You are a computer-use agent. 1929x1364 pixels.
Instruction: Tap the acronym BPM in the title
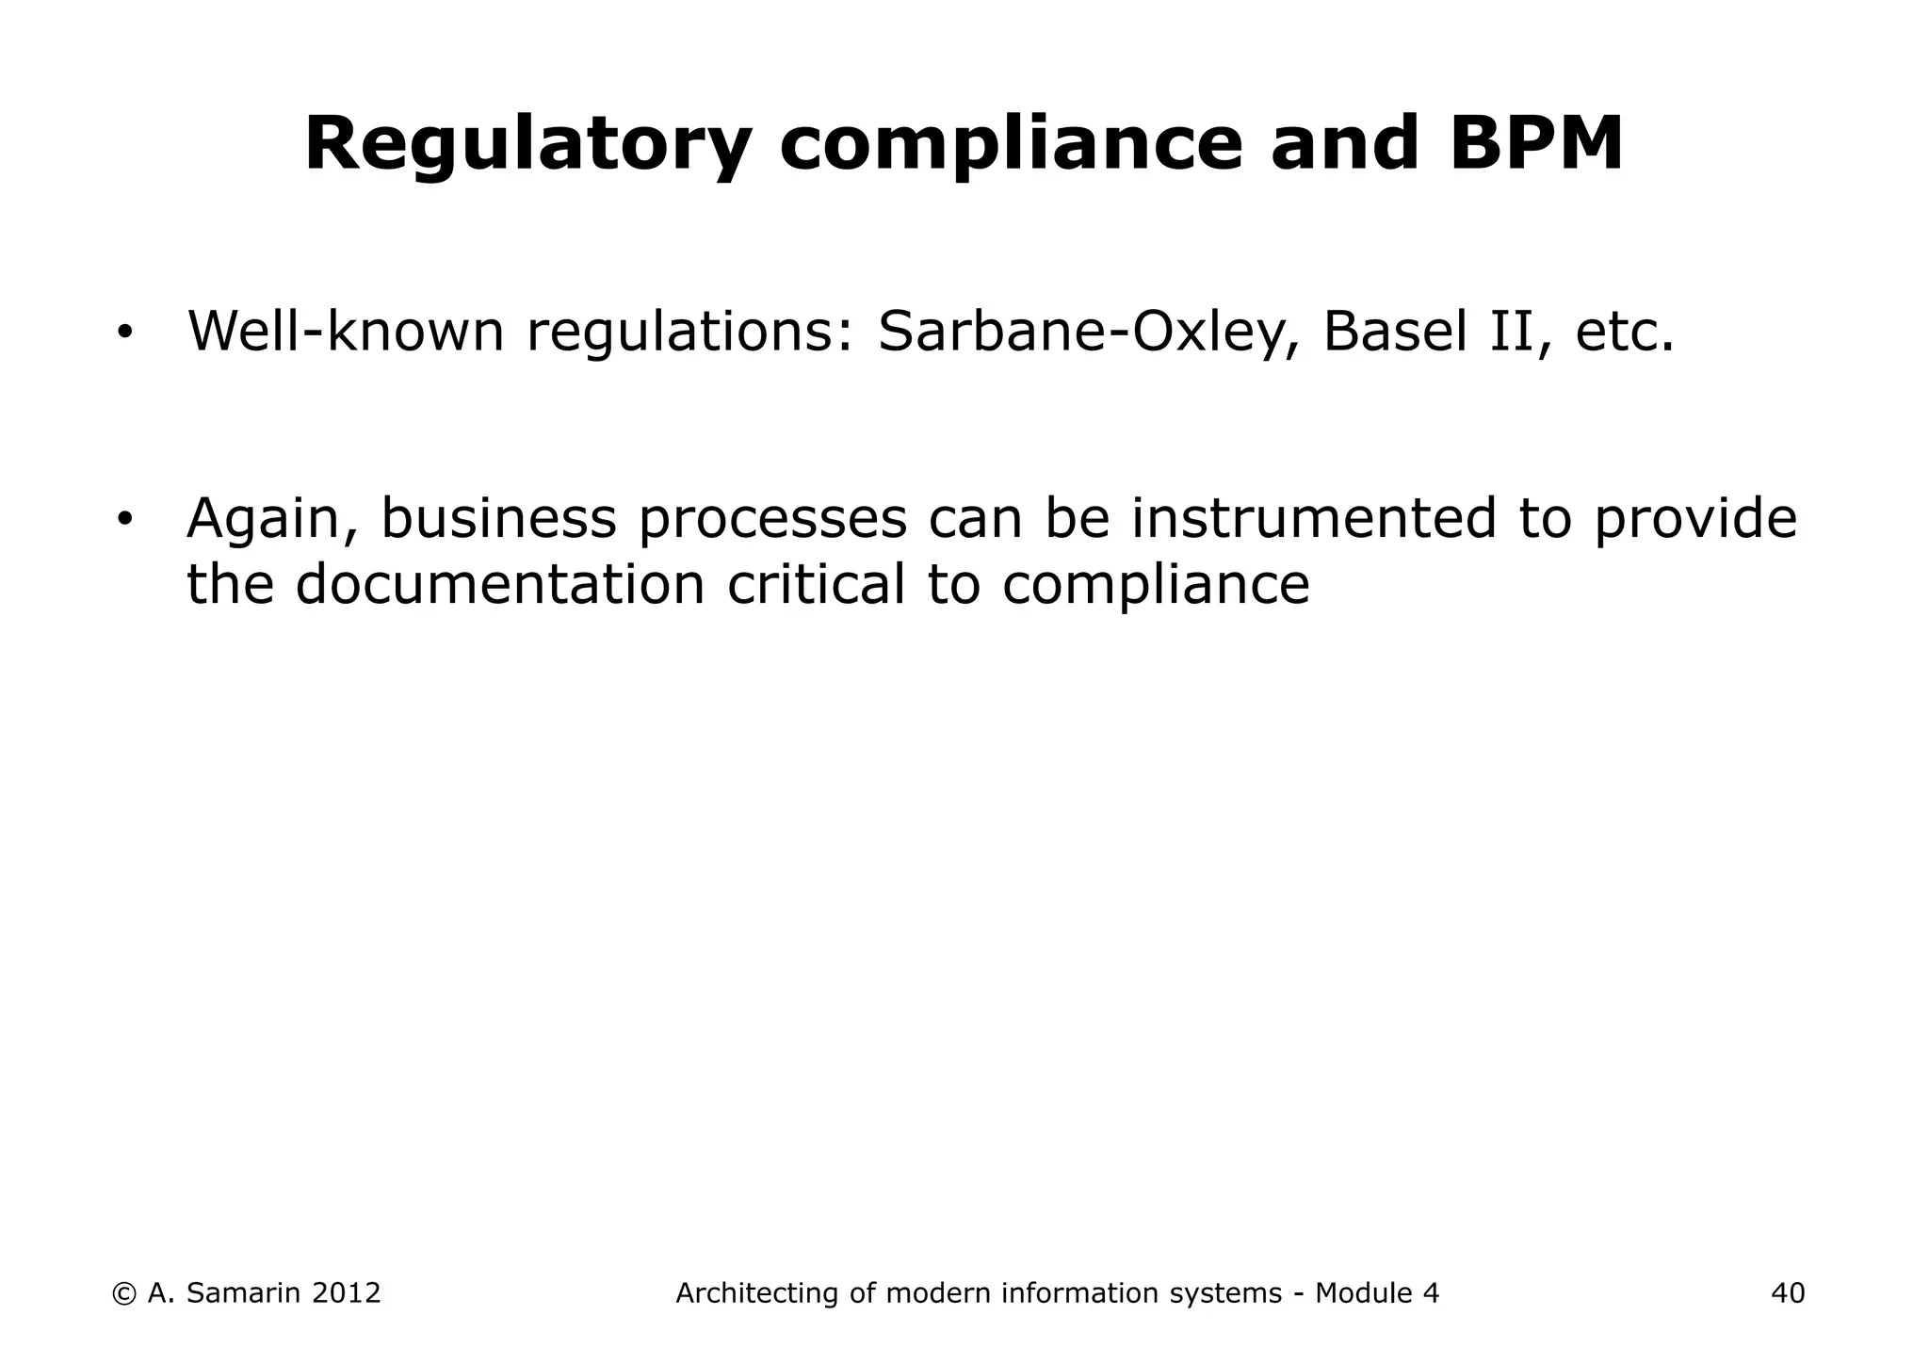click(x=1536, y=144)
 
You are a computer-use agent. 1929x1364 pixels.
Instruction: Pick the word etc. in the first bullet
click(x=1625, y=333)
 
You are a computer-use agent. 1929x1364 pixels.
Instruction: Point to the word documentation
click(x=500, y=584)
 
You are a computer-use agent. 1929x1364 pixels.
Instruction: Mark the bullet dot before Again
click(x=123, y=521)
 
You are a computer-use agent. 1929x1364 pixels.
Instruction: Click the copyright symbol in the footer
click(x=123, y=1293)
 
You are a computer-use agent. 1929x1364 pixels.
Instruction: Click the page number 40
click(x=1788, y=1293)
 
